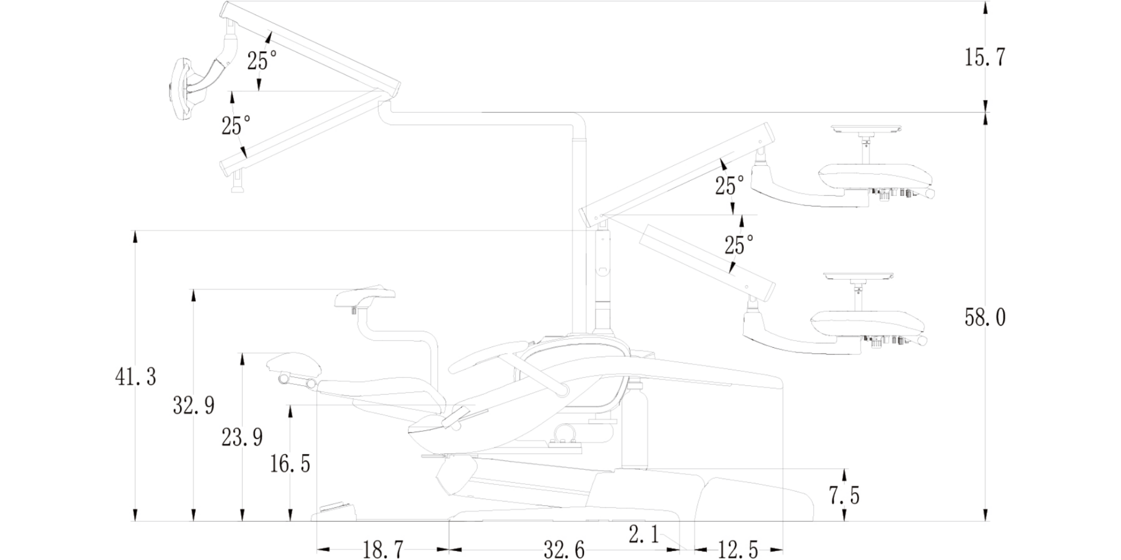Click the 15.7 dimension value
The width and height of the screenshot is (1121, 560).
[x=984, y=58]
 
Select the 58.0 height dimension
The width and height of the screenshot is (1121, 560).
[x=985, y=318]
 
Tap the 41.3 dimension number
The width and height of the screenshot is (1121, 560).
[x=136, y=377]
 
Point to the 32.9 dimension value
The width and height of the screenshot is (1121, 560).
[x=193, y=405]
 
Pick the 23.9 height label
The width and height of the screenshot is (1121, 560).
[x=242, y=437]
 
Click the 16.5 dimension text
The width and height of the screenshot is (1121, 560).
[x=290, y=464]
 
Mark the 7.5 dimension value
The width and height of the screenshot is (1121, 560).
[x=844, y=496]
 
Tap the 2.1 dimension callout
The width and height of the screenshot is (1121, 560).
[x=643, y=535]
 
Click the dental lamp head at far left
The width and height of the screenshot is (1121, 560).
[x=183, y=90]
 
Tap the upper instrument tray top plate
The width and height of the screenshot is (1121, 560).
[x=866, y=129]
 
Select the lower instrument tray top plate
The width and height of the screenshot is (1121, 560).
[x=858, y=277]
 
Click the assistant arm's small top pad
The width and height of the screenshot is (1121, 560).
[x=365, y=296]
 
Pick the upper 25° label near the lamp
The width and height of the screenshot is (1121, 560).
[x=262, y=60]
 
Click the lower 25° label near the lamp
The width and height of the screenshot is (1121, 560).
[x=235, y=126]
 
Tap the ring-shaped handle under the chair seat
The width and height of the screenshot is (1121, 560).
[x=565, y=433]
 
